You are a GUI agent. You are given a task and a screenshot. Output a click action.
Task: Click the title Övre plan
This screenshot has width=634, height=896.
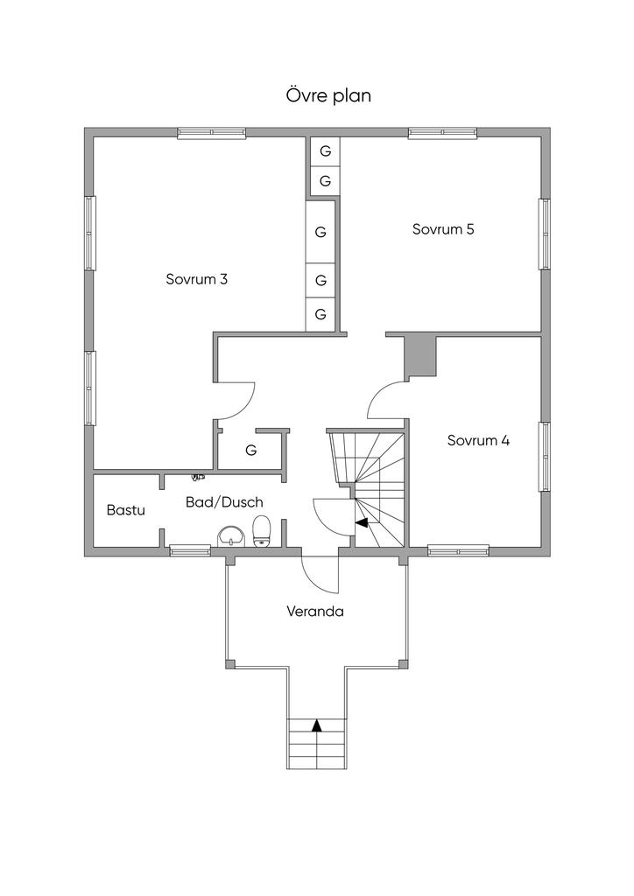point(328,95)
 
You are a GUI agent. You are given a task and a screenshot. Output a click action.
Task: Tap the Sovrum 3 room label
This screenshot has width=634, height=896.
point(197,280)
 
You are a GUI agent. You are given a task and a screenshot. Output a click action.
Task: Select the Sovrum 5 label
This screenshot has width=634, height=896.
point(443,230)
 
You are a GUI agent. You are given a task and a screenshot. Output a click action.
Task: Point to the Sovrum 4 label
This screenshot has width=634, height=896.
point(478,441)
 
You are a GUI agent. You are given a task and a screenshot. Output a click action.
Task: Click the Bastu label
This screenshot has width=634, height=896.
point(125,509)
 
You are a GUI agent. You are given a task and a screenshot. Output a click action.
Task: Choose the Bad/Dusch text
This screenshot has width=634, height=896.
point(224,502)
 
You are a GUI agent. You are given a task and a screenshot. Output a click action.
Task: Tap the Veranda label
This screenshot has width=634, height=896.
point(315,612)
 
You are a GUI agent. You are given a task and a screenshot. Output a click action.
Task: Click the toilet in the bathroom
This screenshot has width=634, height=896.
point(261,531)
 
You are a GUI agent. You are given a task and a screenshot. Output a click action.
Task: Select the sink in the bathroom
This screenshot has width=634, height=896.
point(230,535)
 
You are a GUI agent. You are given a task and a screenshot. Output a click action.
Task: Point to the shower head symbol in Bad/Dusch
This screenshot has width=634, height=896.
point(198,477)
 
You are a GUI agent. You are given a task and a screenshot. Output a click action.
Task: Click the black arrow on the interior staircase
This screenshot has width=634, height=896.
point(361,522)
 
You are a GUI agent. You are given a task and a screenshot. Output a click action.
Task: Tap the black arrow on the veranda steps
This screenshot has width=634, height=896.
point(317,724)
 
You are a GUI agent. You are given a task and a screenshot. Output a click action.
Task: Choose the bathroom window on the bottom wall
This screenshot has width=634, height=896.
point(190,550)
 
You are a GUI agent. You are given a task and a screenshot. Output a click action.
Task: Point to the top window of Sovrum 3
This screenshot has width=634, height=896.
point(211,133)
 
